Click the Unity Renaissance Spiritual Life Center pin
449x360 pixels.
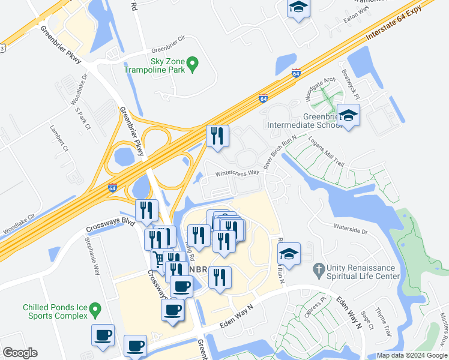[x=318, y=271]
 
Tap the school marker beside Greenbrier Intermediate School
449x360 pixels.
[x=348, y=116]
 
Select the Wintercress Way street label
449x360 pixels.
[x=238, y=173]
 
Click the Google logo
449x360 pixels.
[x=19, y=353]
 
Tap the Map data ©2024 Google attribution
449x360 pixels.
[x=411, y=355]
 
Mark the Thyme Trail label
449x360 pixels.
[x=383, y=322]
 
